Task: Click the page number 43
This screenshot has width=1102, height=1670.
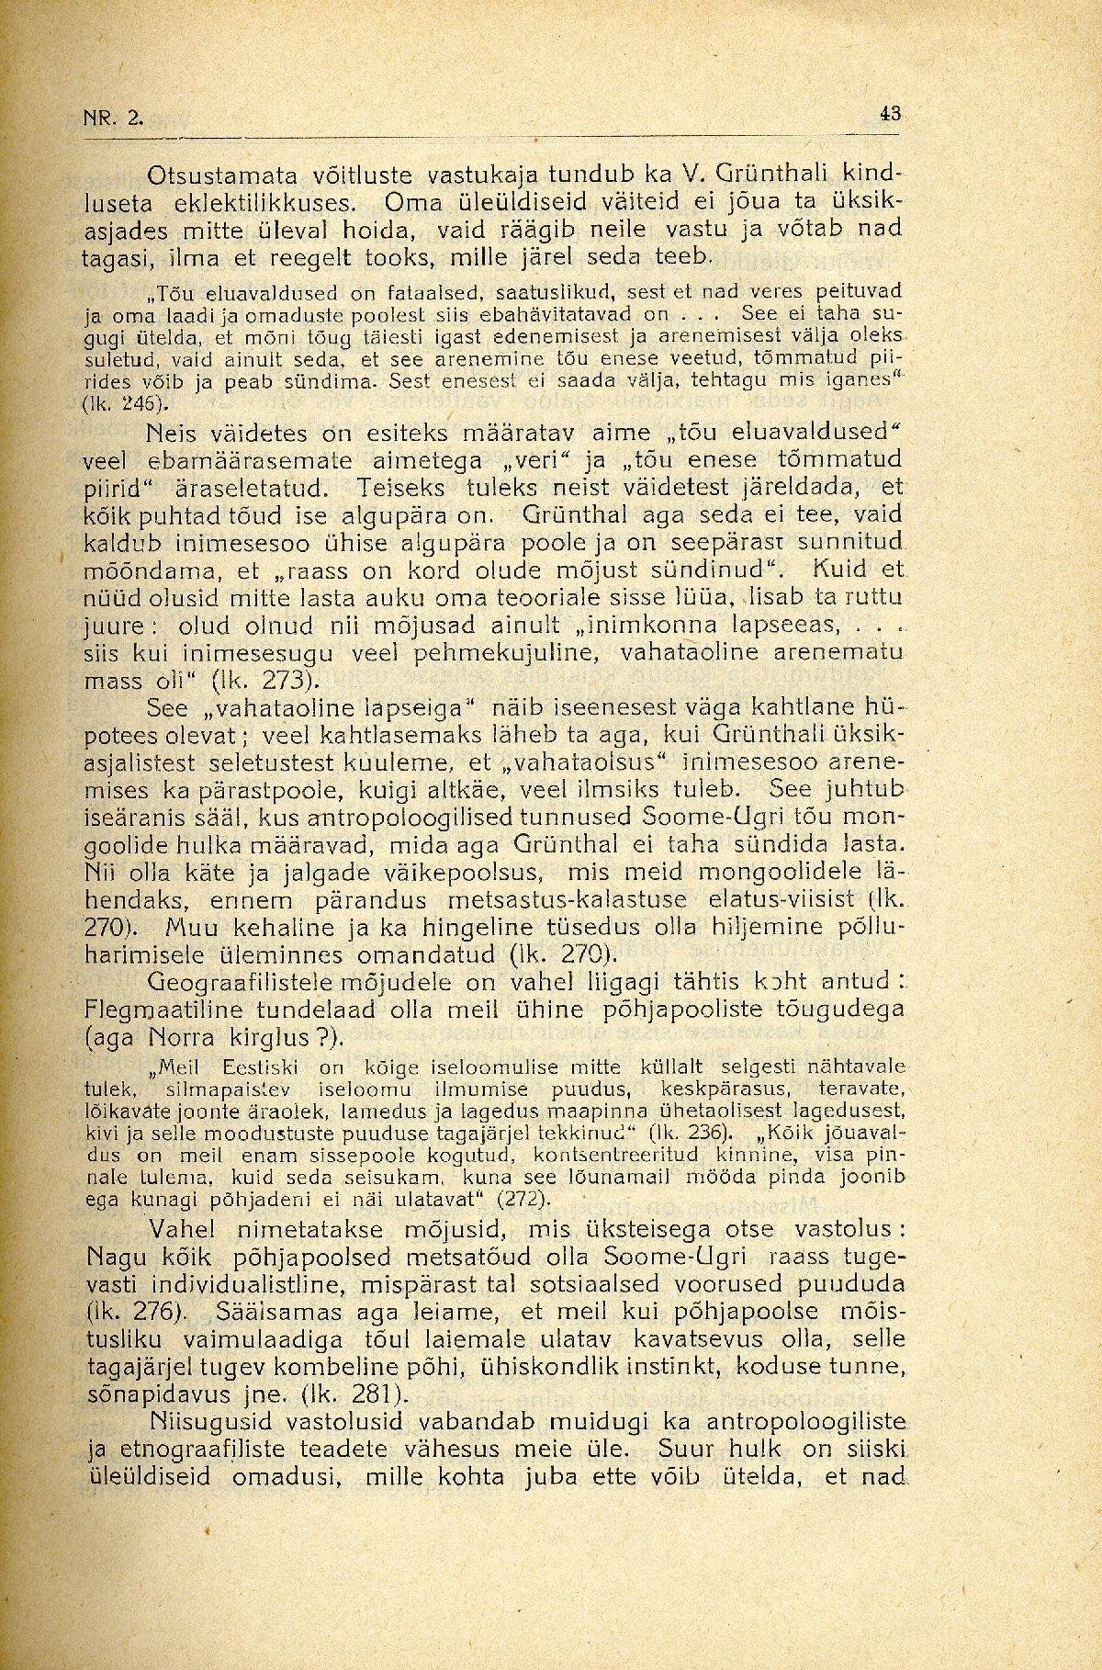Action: (890, 114)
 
